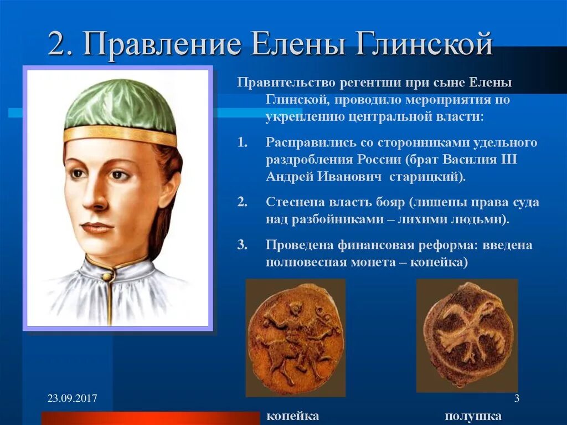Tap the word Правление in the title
[161, 44]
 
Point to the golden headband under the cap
[119, 135]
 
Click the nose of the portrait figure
[95, 194]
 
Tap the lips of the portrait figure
[97, 227]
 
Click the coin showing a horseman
[295, 338]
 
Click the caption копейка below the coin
[293, 416]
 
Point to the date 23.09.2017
[72, 398]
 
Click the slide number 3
[516, 398]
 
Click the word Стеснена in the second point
[292, 202]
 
